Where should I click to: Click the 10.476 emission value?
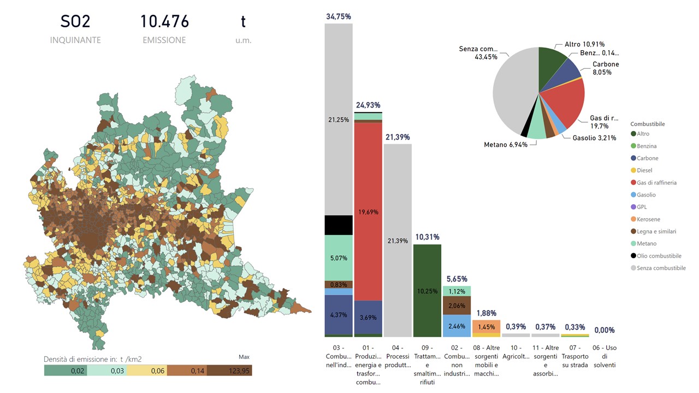tap(164, 21)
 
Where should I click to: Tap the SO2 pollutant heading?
tap(75, 21)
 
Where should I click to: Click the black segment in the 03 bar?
tap(339, 225)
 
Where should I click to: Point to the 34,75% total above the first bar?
tap(339, 17)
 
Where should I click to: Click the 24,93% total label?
tap(368, 105)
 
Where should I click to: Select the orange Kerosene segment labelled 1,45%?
tap(486, 326)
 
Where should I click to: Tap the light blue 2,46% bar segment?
tap(457, 326)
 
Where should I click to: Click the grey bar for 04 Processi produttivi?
tap(398, 240)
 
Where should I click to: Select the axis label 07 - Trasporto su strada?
tap(574, 356)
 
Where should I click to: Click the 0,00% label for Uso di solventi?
tap(604, 330)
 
